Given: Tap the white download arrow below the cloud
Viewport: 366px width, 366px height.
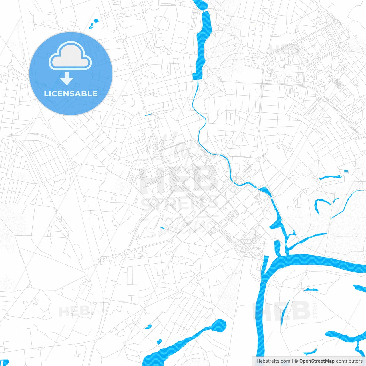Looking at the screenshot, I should [x=67, y=79].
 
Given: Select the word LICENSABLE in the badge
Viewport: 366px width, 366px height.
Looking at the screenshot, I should [x=71, y=94].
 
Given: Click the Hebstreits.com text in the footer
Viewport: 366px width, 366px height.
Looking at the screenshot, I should [x=273, y=361].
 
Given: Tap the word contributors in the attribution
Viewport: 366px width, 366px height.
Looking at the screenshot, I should [x=349, y=361].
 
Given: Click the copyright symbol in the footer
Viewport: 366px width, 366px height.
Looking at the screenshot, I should [x=296, y=361].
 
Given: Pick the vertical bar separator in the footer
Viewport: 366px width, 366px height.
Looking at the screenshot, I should [x=292, y=361].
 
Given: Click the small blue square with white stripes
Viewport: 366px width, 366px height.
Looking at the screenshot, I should [x=346, y=171].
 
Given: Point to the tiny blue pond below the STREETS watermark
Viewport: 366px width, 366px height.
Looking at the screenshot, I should [x=162, y=228].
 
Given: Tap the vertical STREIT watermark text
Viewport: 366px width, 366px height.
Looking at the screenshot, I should [x=315, y=309].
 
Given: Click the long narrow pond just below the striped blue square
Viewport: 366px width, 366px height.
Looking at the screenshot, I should [x=330, y=177].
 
